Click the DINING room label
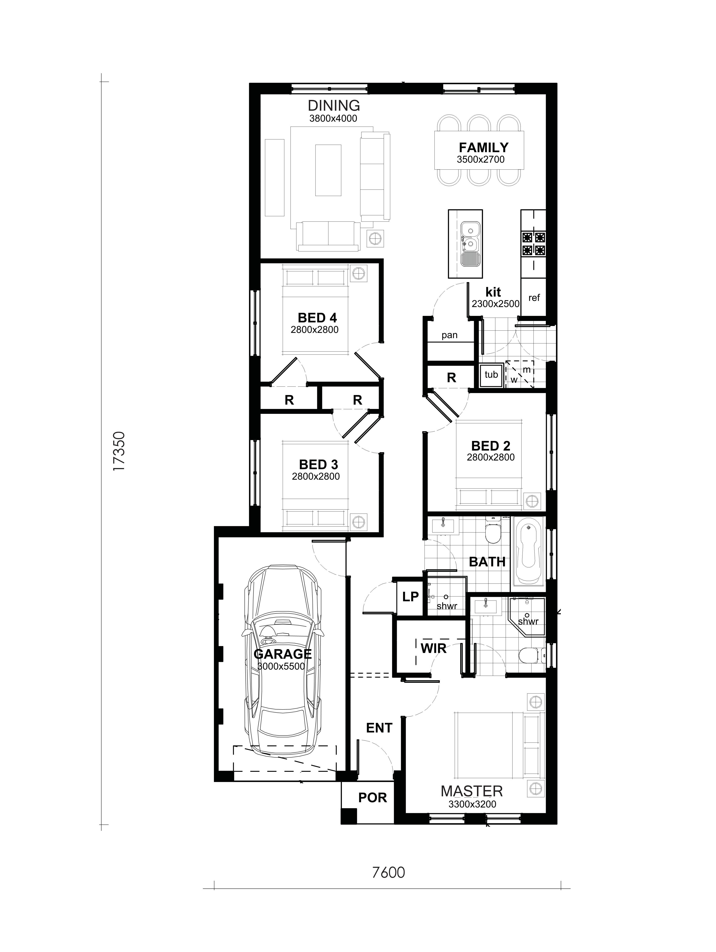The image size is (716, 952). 334,105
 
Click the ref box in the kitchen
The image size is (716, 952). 534,297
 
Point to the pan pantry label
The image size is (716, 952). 449,335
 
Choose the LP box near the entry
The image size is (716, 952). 410,597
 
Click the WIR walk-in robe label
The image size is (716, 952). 433,648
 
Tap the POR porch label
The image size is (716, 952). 373,797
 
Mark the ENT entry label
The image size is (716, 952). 379,728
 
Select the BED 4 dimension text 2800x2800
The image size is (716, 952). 315,330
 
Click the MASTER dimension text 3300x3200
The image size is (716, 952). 472,804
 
